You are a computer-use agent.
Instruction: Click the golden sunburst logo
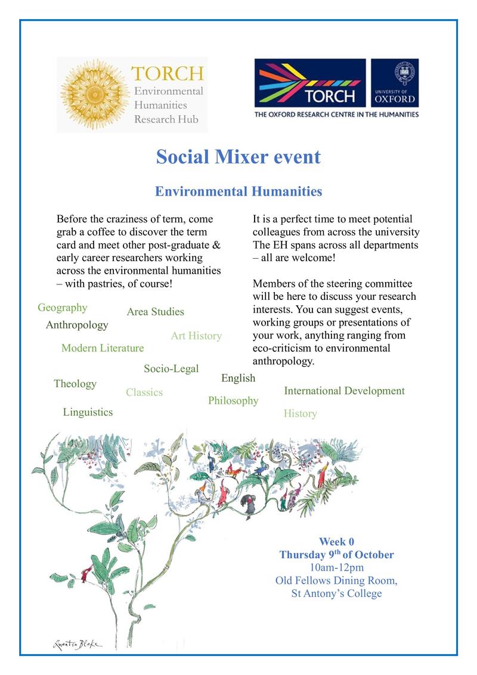[x=95, y=94]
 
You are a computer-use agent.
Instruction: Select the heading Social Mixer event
[x=238, y=157]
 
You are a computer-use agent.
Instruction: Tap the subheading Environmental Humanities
[x=238, y=191]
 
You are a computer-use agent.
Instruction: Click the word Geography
[x=63, y=308]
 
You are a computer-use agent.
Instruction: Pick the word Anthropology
[x=77, y=325]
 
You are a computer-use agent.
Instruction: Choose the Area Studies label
[x=155, y=312]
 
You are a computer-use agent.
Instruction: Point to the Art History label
[x=196, y=336]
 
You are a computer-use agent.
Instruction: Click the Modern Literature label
[x=103, y=348]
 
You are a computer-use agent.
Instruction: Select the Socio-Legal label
[x=171, y=369]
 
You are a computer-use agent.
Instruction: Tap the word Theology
[x=75, y=384]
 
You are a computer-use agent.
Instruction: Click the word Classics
[x=144, y=393]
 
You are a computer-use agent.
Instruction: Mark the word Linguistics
[x=88, y=412]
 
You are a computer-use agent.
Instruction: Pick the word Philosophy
[x=233, y=401]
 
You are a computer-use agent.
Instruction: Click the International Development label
[x=344, y=391]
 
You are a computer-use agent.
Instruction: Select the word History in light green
[x=300, y=414]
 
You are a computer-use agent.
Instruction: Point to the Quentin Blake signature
[x=77, y=645]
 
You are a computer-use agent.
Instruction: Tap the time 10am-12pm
[x=336, y=567]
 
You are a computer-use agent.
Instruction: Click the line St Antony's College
[x=336, y=593]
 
